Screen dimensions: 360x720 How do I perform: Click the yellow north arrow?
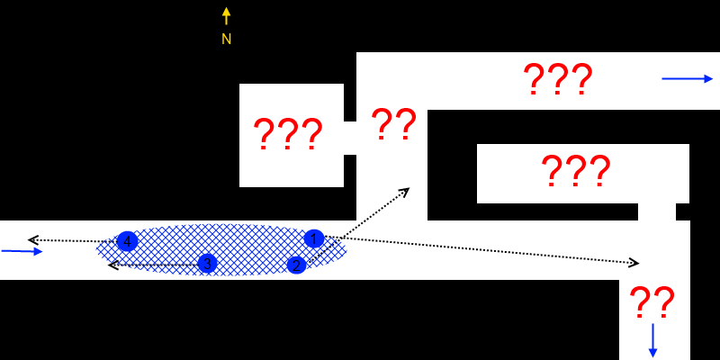point(226,16)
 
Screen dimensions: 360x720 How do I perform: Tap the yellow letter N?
point(226,39)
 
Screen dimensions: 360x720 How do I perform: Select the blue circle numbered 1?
point(313,238)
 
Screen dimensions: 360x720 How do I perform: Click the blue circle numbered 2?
point(296,265)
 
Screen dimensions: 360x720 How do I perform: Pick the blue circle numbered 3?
point(207,263)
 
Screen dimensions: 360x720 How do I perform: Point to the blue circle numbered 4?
point(127,241)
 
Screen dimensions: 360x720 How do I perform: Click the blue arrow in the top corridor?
point(687,78)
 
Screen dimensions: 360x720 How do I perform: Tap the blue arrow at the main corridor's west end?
point(22,251)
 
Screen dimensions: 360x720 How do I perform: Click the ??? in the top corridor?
point(557,80)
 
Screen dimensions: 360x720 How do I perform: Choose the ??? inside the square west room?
point(287,135)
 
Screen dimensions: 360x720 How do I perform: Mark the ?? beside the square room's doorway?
point(393,124)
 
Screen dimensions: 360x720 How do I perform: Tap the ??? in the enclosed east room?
point(575,170)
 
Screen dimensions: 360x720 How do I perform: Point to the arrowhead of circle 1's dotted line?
point(634,263)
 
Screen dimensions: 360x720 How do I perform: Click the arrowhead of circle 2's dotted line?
point(406,191)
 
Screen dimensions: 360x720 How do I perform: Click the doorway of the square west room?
point(350,138)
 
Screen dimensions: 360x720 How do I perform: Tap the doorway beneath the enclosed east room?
point(657,211)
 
